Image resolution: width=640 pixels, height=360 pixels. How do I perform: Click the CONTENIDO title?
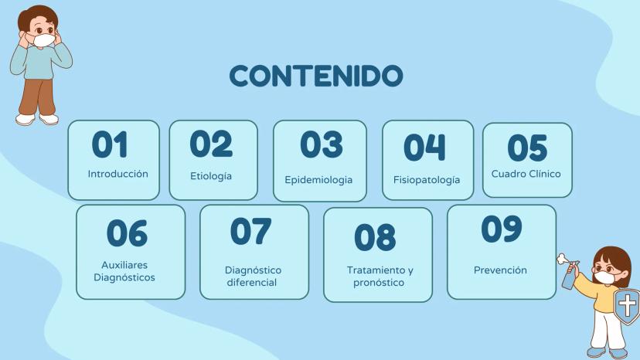click(316, 76)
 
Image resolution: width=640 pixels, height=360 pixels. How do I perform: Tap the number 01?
click(110, 144)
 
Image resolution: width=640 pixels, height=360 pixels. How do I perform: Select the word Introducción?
click(118, 174)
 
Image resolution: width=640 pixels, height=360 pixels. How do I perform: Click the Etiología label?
click(211, 176)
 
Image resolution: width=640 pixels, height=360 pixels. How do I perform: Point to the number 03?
click(322, 144)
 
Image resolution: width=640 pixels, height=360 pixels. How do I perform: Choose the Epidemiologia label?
click(318, 180)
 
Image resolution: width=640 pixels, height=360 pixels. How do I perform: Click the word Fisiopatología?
click(427, 180)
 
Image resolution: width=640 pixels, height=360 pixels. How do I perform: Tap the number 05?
click(527, 148)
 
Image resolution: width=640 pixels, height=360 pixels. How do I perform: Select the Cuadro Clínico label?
click(526, 174)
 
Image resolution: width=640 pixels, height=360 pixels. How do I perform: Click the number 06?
click(127, 233)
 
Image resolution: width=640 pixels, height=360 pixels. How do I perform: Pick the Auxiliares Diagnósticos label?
click(124, 271)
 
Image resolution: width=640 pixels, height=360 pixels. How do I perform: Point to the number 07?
click(250, 231)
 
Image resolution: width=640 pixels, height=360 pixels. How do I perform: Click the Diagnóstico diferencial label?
click(253, 277)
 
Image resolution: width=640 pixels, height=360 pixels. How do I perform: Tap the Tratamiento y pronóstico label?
click(380, 277)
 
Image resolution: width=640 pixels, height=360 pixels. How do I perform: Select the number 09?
click(501, 229)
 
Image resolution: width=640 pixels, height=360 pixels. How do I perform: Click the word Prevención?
click(500, 270)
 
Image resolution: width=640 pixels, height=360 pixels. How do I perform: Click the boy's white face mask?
click(44, 40)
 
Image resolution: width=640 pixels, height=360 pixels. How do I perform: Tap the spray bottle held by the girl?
click(569, 273)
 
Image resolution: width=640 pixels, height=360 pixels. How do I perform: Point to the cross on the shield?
click(628, 305)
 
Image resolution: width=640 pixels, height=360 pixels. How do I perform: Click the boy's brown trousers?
click(38, 97)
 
